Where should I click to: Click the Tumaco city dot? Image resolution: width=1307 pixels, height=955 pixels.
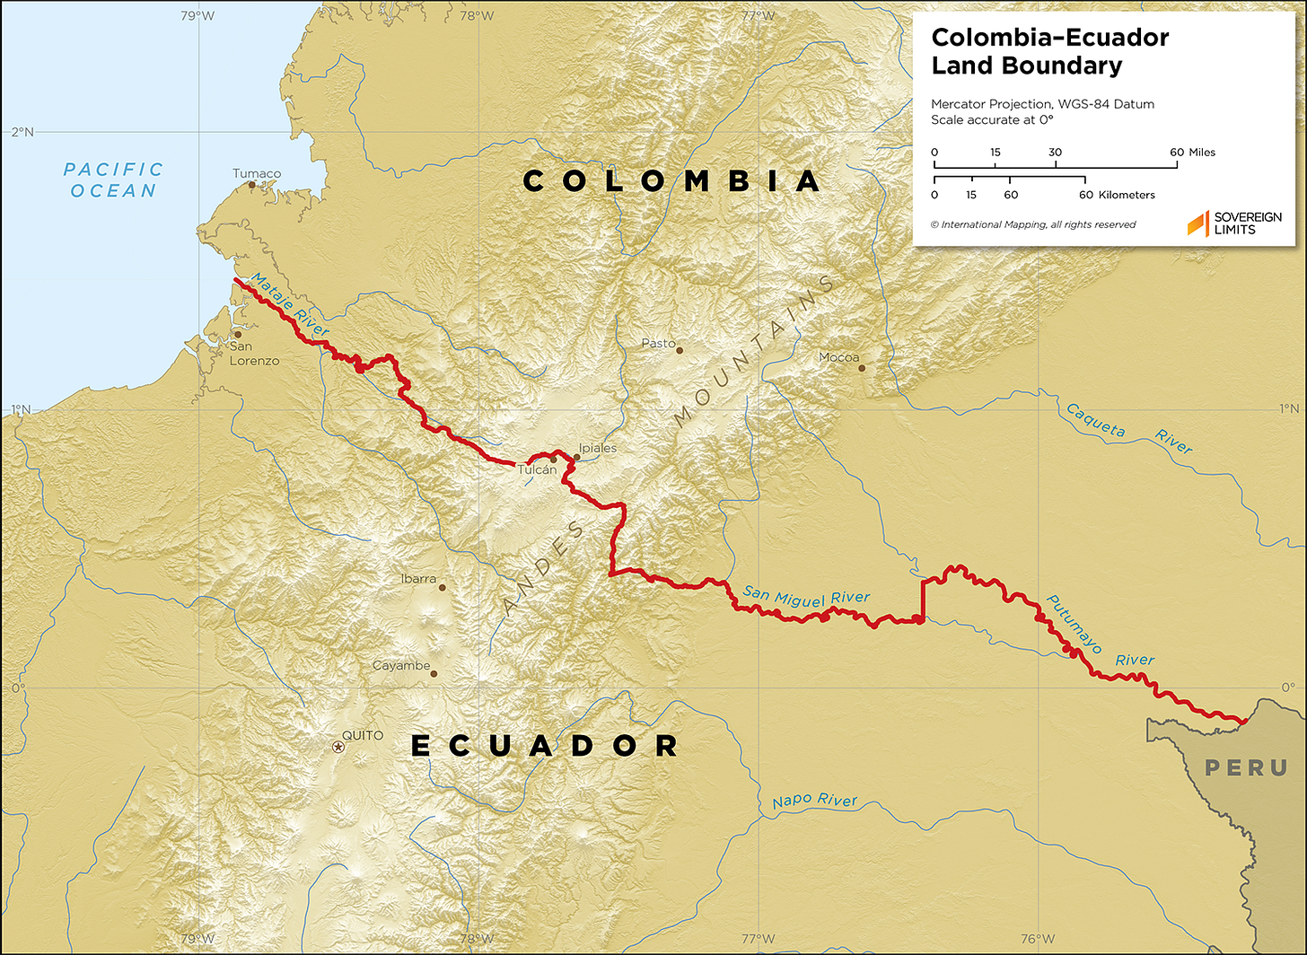[x=252, y=185]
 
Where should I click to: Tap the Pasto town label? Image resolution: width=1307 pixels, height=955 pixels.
[x=658, y=344]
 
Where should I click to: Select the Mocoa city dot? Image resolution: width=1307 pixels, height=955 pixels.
[x=862, y=368]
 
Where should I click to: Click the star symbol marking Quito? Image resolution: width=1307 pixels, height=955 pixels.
[x=338, y=747]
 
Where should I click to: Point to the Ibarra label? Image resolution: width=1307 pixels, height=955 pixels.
[x=418, y=579]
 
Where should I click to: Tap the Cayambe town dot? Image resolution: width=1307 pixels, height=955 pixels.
[x=434, y=673]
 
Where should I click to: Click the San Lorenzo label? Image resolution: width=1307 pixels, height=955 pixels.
[x=254, y=354]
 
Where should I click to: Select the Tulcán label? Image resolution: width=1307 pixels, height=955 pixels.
[x=537, y=470]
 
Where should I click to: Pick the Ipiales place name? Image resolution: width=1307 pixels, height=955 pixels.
[x=598, y=448]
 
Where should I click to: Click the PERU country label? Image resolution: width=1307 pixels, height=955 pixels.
[x=1246, y=768]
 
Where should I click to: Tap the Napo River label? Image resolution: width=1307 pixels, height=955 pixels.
[x=815, y=801]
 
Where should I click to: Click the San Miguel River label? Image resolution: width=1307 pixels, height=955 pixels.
[x=806, y=597]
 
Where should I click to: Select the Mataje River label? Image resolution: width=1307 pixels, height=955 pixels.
[x=290, y=305]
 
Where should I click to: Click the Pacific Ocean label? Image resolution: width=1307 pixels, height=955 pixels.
[x=113, y=180]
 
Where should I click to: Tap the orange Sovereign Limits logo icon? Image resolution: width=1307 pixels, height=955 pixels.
[x=1197, y=223]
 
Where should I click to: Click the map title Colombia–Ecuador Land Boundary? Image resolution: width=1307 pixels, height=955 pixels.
[x=1049, y=51]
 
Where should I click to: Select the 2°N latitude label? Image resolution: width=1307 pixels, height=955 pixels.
[x=22, y=132]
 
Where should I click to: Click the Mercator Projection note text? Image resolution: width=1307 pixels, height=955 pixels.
[x=1042, y=104]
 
